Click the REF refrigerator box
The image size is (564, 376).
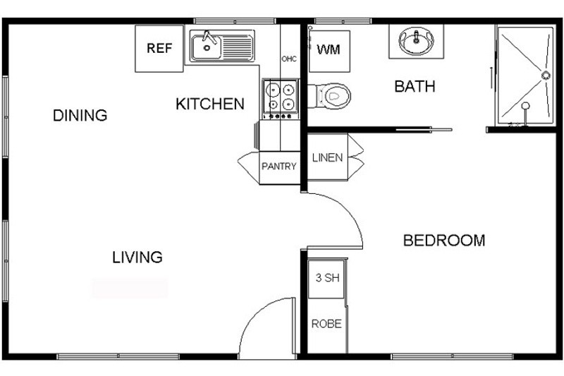[159, 49]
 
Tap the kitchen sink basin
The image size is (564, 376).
[206, 47]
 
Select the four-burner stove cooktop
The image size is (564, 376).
[281, 99]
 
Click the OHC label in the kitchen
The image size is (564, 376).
[289, 59]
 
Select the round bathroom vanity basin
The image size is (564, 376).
[416, 41]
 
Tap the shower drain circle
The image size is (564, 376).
[546, 75]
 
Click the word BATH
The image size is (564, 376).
[415, 86]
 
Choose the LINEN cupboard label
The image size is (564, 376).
[327, 157]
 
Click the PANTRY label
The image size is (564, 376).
[279, 166]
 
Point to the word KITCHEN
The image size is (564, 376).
[210, 104]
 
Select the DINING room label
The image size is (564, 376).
[80, 116]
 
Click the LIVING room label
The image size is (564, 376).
[137, 257]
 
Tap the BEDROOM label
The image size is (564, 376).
[444, 241]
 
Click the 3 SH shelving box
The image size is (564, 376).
[326, 279]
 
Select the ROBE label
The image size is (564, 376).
[326, 324]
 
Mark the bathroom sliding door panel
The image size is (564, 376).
[424, 129]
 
